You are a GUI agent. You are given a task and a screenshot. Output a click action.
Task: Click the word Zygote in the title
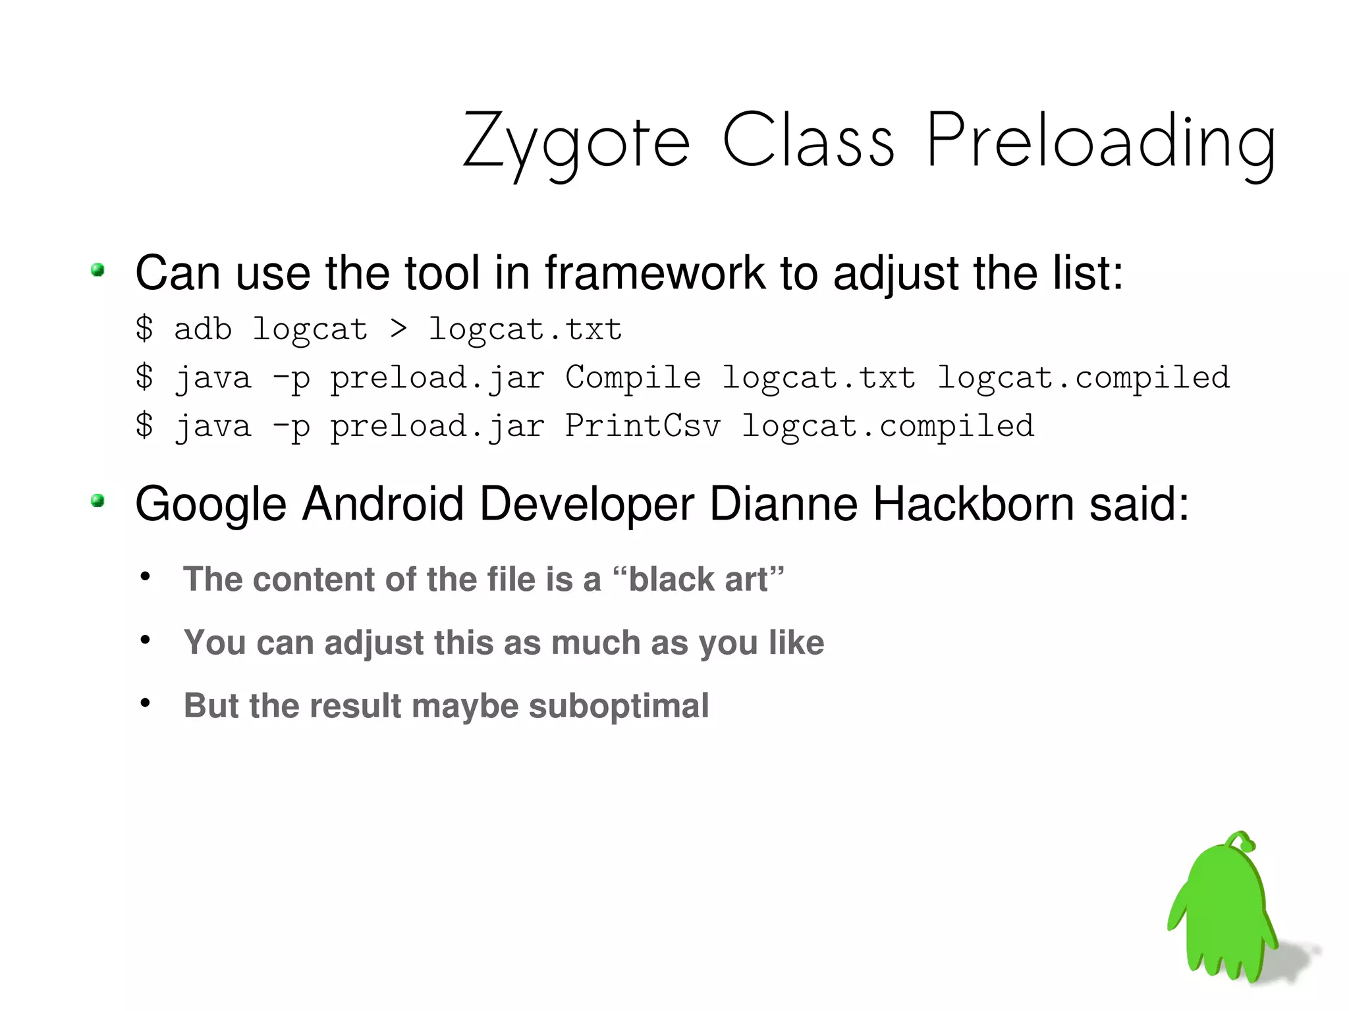[x=576, y=142]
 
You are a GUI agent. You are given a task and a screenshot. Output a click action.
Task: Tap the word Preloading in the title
[x=1101, y=142]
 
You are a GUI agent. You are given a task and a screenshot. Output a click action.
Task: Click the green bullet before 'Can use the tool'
[x=98, y=270]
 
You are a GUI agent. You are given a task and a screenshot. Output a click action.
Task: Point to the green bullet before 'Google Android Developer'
[x=98, y=501]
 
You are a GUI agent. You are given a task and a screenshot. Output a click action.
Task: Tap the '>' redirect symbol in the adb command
[x=398, y=328]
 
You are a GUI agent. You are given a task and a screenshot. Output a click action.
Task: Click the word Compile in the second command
[x=633, y=377]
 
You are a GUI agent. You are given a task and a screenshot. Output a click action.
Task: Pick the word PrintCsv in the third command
[x=643, y=425]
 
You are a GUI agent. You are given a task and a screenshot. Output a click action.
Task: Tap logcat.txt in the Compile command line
[x=819, y=377]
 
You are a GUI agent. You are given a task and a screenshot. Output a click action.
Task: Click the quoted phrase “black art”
[x=698, y=580]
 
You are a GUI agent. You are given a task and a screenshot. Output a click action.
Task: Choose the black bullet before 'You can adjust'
[x=146, y=640]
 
